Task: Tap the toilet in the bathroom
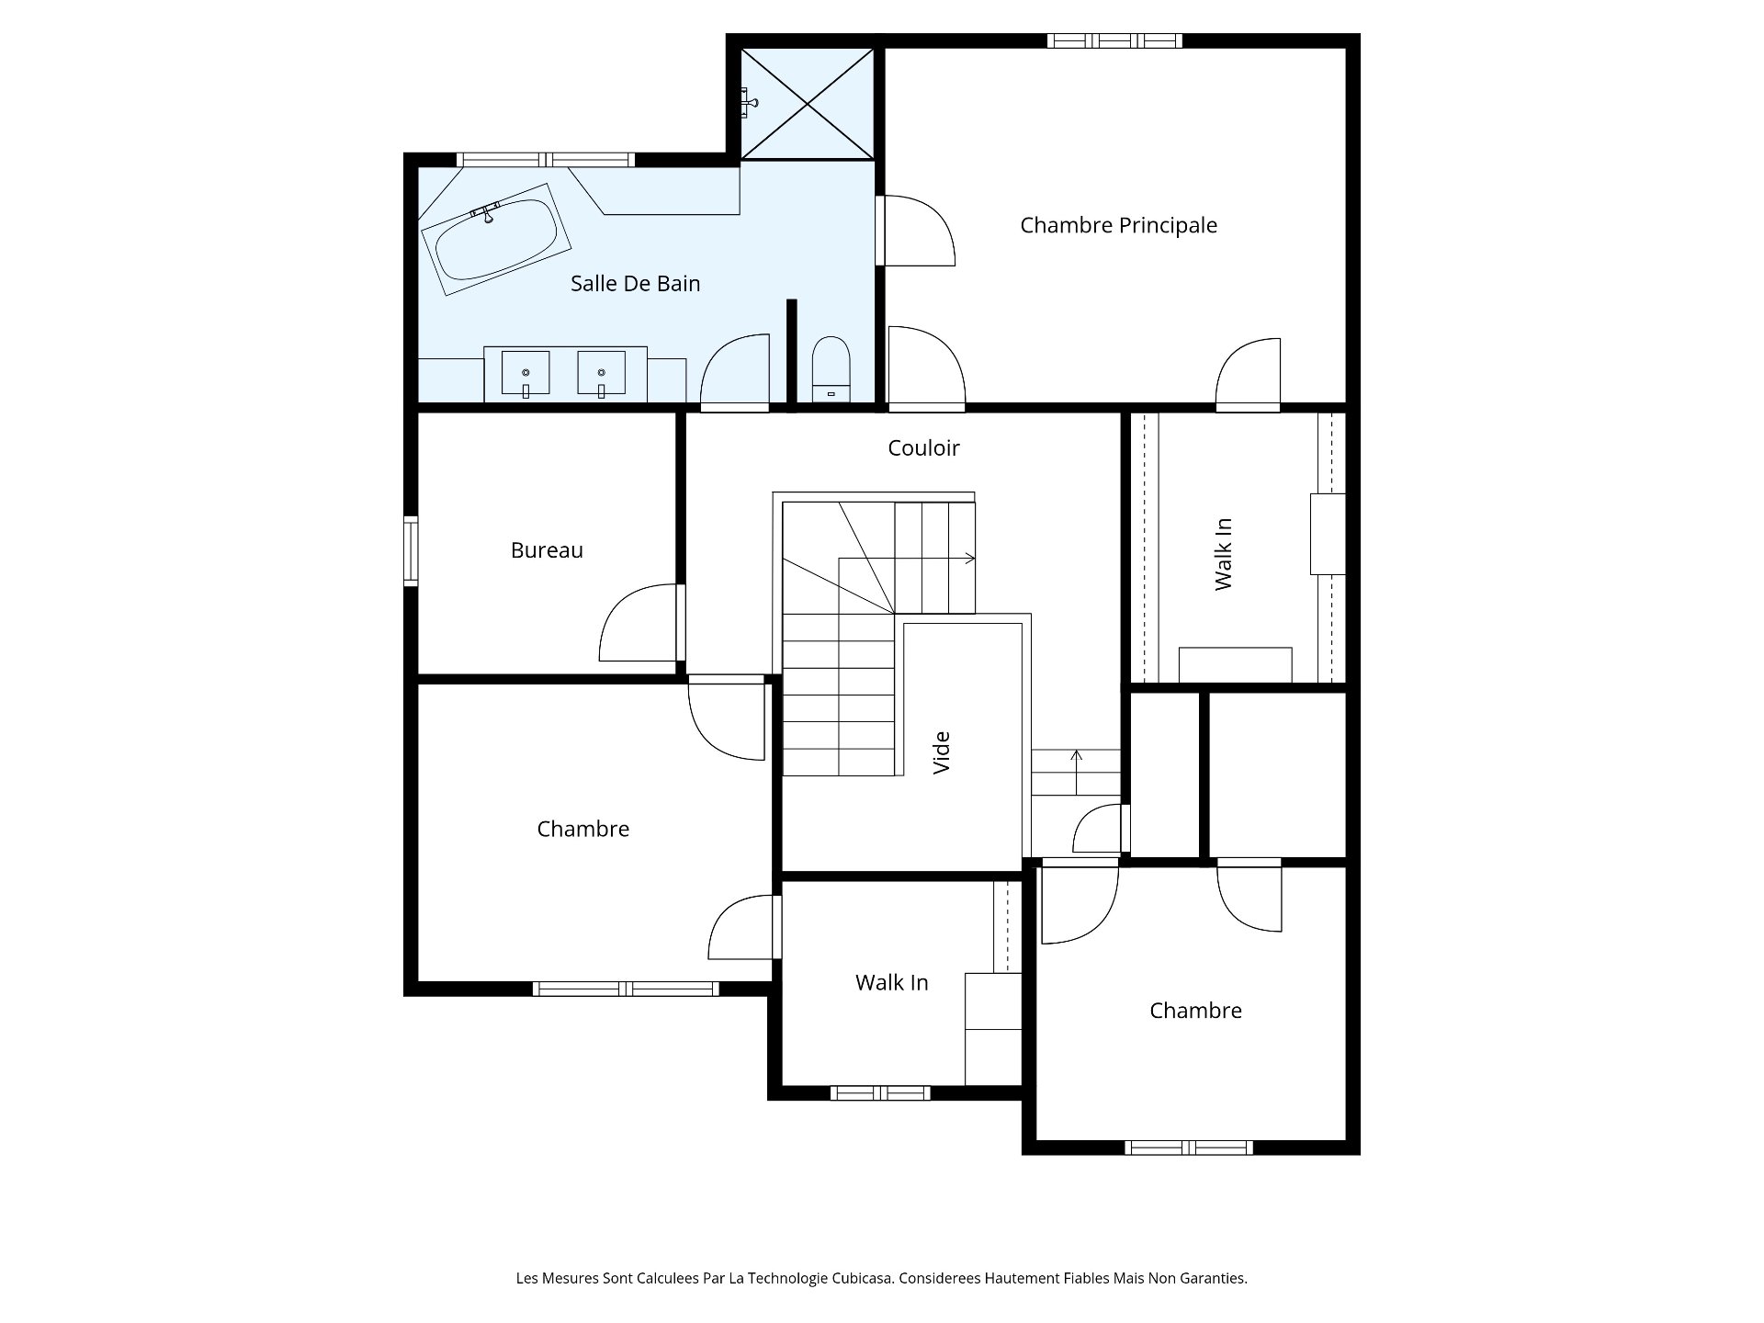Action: [832, 369]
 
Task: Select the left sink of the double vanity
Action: [526, 374]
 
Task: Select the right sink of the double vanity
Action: [601, 374]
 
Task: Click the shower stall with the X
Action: [807, 104]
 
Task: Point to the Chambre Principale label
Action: [1118, 225]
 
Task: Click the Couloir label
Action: [923, 447]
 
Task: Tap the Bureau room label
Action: [547, 550]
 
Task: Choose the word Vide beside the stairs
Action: [942, 752]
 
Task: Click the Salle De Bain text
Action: [635, 284]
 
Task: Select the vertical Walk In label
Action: [1223, 554]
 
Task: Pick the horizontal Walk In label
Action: [891, 983]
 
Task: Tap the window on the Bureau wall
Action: [411, 551]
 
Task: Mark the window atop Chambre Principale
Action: [1114, 40]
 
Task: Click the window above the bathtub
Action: [546, 160]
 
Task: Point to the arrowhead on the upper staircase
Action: [971, 558]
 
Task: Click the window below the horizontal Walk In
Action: [880, 1093]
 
